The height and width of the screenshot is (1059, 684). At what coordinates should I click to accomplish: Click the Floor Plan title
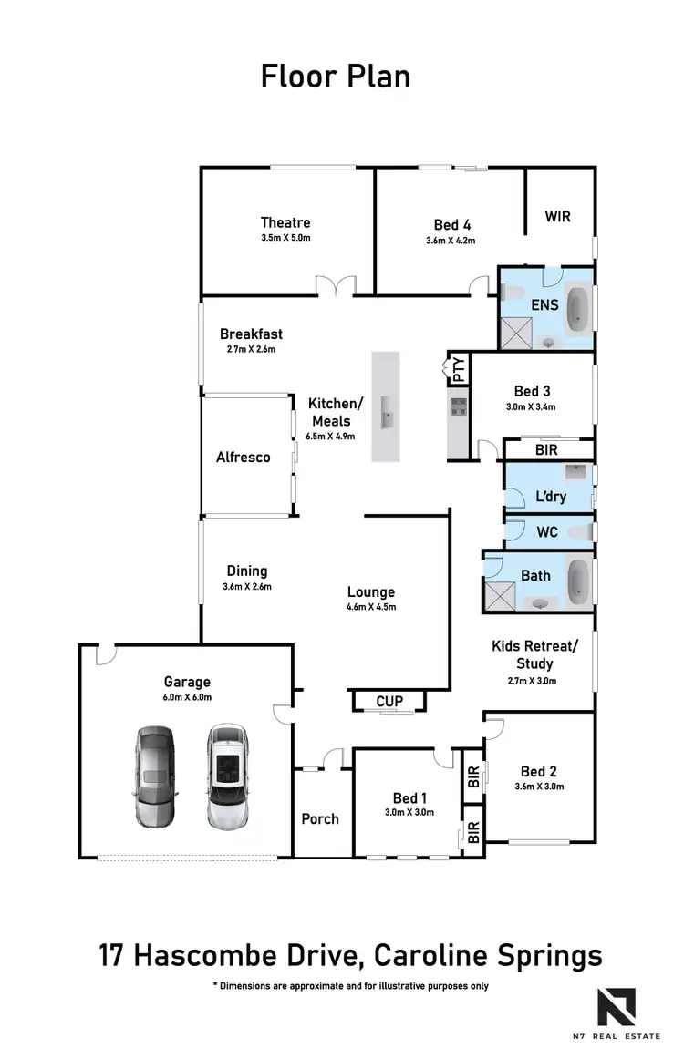point(336,77)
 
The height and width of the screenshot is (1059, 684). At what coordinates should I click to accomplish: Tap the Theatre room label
point(285,222)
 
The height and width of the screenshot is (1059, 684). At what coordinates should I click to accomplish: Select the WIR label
point(558,217)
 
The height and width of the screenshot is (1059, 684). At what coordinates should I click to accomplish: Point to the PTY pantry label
point(459,369)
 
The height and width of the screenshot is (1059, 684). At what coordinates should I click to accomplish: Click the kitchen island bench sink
point(387,418)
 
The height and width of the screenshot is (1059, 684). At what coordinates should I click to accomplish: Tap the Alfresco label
point(243,458)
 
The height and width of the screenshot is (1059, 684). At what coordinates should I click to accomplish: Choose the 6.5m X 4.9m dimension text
point(330,437)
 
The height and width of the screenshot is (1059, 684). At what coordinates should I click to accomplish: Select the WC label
point(547,532)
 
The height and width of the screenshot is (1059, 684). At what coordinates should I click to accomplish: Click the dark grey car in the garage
point(154,776)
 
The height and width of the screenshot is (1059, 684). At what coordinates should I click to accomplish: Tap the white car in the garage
point(226,776)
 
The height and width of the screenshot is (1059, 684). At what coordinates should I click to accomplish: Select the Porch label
point(320,819)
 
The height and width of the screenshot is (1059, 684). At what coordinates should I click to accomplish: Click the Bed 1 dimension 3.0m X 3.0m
point(409,812)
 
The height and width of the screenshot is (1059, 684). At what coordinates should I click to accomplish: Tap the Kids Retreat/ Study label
point(534,655)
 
